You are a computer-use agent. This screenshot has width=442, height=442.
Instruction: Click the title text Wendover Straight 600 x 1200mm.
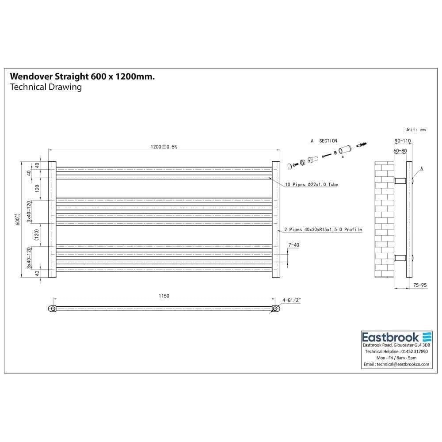pyautogui.click(x=82, y=76)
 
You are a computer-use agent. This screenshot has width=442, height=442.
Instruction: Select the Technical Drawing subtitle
pyautogui.click(x=46, y=87)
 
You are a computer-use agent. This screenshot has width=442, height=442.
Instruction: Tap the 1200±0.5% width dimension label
pyautogui.click(x=164, y=147)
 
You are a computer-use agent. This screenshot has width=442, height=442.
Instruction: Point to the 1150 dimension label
pyautogui.click(x=164, y=296)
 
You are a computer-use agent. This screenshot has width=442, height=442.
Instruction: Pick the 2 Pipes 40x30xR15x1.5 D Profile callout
pyautogui.click(x=323, y=230)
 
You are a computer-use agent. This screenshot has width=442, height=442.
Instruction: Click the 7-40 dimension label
pyautogui.click(x=294, y=244)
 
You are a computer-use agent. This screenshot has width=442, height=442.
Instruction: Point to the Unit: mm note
pyautogui.click(x=415, y=130)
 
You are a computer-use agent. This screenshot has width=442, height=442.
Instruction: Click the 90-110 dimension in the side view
pyautogui.click(x=402, y=141)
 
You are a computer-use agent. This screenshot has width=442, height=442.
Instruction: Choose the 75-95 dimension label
pyautogui.click(x=419, y=286)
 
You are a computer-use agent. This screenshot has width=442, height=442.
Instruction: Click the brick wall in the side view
pyautogui.click(x=384, y=221)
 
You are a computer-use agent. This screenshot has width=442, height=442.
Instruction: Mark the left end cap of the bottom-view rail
pyautogui.click(x=53, y=309)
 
